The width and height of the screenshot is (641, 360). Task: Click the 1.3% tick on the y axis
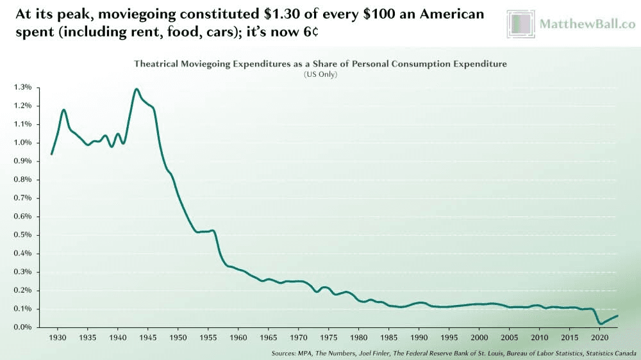(x=23, y=86)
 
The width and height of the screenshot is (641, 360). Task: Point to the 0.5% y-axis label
(x=23, y=234)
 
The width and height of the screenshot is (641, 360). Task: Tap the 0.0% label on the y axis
(x=23, y=327)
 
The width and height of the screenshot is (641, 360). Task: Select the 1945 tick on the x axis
(x=148, y=337)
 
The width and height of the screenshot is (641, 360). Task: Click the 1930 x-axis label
(x=58, y=337)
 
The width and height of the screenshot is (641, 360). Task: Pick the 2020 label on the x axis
(x=599, y=337)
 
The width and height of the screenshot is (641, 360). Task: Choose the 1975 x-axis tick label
(x=329, y=337)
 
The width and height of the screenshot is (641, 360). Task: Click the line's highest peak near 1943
(x=137, y=89)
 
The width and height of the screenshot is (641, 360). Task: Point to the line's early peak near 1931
(x=64, y=110)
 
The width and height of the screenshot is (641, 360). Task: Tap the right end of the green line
(x=617, y=315)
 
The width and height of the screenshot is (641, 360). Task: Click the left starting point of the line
(x=51, y=154)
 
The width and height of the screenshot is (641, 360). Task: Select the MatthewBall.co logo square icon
(x=520, y=24)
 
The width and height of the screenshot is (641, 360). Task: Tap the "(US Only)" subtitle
(x=320, y=74)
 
